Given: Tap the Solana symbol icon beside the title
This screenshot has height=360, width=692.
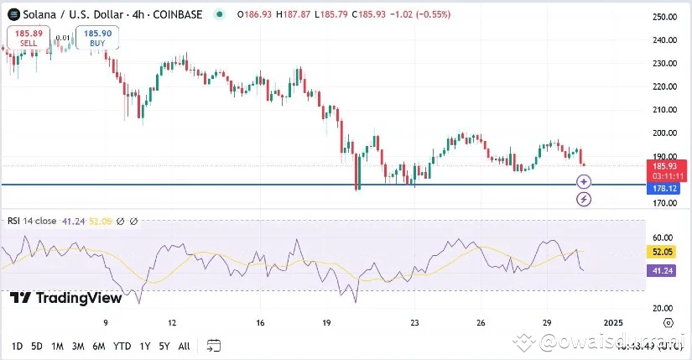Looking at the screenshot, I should coord(12,14).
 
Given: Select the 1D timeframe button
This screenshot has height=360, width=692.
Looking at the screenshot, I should coord(17,346).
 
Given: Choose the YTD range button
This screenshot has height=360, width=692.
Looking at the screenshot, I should coord(122,346).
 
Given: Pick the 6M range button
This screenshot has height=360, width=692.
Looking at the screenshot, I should coord(98,346).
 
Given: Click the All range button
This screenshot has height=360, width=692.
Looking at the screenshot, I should coord(184,346).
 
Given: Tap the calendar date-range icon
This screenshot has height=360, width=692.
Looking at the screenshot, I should coord(213,346).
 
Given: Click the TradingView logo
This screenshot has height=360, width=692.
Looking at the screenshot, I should coord(55,298).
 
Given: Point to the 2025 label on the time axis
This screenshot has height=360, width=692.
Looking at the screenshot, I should coord(613,322).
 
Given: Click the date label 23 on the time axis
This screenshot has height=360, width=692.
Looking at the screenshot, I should coord(414,322).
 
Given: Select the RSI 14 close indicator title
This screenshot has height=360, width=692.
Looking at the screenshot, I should coord(32,222).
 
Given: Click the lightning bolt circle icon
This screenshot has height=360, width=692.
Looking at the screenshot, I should coord(584,200).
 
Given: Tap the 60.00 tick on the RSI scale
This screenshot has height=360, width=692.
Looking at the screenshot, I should coord(664,237).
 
